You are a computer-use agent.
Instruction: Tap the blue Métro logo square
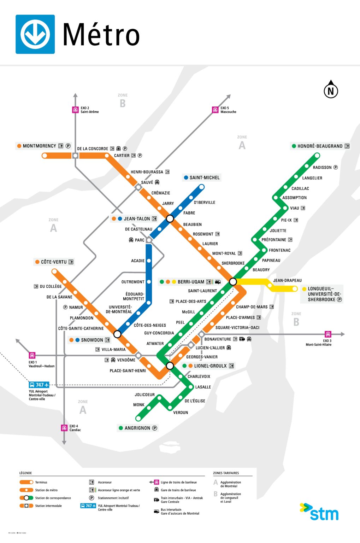pos(35,34)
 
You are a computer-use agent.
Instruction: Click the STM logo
pos(319,512)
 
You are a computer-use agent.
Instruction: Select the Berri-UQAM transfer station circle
pos(233,281)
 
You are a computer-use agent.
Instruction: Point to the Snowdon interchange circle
pos(117,334)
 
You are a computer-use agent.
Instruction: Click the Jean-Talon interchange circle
pos(170,218)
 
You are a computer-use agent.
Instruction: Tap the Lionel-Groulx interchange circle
pos(170,366)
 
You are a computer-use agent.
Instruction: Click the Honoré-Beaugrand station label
pos(320,146)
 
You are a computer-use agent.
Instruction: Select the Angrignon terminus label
pos(137,428)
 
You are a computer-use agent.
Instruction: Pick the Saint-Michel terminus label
pos(204,177)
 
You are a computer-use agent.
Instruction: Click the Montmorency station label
pos(39,146)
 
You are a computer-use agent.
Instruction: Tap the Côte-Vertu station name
pos(54,262)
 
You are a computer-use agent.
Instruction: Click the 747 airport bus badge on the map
pos(39,385)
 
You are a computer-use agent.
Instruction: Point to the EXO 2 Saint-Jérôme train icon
pos(75,110)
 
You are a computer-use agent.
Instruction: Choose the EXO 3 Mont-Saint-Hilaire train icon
pos(328,334)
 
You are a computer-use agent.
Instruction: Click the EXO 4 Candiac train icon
pos(64,428)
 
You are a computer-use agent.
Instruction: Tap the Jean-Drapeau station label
pos(287,280)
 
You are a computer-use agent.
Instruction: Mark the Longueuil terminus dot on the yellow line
pos(295,289)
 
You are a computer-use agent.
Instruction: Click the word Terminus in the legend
pos(41,482)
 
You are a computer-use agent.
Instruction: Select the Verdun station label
pos(181,413)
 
